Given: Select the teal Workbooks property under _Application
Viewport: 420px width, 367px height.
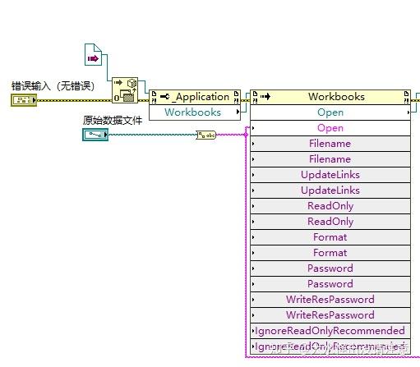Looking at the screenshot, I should point(193,112).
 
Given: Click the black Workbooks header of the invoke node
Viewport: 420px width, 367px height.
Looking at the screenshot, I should point(336,97).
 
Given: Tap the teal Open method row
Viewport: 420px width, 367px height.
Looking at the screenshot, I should point(330,112).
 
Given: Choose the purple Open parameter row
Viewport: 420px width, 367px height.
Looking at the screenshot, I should point(330,128).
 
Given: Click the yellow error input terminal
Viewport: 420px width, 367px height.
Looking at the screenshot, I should point(22,100).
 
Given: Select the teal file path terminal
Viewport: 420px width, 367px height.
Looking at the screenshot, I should point(95,134).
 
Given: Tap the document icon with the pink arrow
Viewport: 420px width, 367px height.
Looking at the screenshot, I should point(92,57).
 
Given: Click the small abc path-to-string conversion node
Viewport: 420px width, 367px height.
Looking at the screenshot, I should point(205,135).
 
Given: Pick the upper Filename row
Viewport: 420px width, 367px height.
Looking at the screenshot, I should point(330,144).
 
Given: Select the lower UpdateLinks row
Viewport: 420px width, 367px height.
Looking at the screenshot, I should point(330,190).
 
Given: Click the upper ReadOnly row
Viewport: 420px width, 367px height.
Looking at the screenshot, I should point(330,206).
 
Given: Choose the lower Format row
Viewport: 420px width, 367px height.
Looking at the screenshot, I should point(330,253).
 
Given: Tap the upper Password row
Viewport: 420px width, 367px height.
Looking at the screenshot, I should point(330,268).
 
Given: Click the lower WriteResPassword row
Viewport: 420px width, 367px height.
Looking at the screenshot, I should point(330,315).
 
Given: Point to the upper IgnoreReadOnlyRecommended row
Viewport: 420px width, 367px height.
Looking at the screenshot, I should point(330,331).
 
